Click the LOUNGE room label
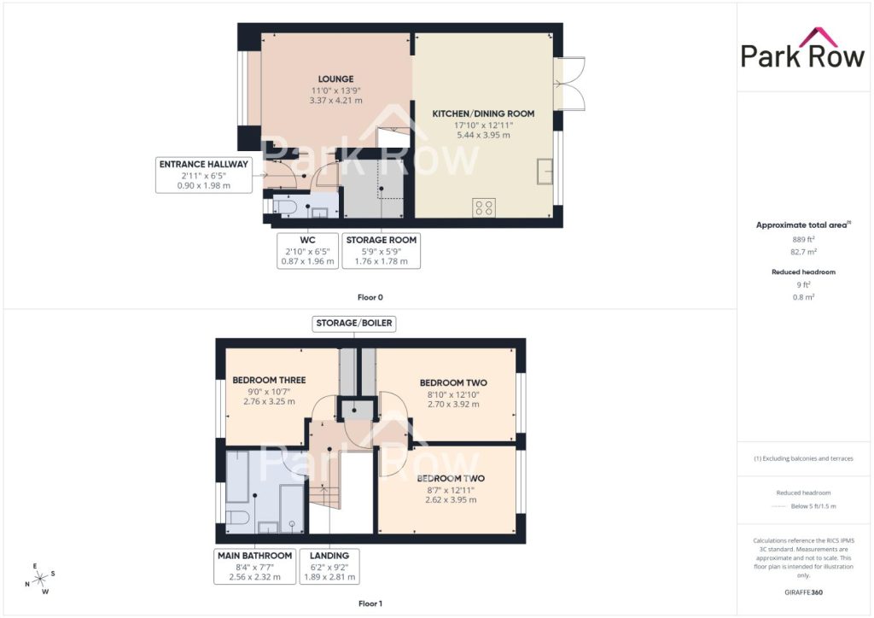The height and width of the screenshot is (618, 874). click(x=335, y=79)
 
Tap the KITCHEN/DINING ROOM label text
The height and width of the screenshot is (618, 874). click(x=483, y=114)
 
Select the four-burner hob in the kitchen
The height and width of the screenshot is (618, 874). click(x=484, y=208)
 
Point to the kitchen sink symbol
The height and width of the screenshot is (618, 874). click(x=545, y=172)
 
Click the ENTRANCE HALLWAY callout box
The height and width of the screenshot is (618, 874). click(x=203, y=175)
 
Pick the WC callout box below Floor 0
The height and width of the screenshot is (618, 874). click(x=307, y=251)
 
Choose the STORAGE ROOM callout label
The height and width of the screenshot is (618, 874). click(x=382, y=251)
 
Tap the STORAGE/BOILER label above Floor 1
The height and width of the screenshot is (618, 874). click(x=354, y=324)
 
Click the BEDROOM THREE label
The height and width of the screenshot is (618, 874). click(x=269, y=380)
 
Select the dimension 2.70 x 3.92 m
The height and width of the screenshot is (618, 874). click(x=453, y=404)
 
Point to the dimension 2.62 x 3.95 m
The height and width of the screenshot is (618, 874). click(x=451, y=500)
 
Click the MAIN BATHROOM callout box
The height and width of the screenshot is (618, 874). click(x=254, y=566)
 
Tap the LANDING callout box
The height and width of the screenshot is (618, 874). click(x=329, y=566)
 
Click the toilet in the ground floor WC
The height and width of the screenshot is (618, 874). click(x=284, y=208)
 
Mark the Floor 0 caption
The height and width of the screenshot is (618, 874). click(x=370, y=298)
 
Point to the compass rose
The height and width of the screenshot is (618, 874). click(x=40, y=579)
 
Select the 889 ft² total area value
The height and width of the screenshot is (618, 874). click(x=803, y=240)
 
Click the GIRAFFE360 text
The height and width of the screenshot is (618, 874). click(x=803, y=592)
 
